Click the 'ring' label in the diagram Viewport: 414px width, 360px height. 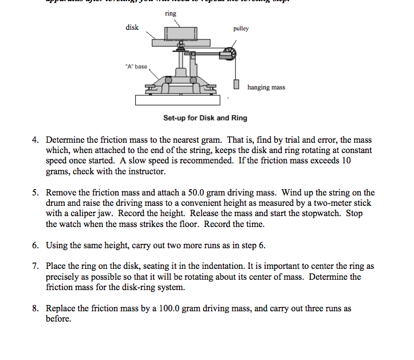[x=170, y=13]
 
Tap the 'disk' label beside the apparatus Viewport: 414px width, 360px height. [x=132, y=28]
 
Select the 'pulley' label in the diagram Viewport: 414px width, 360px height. [x=241, y=28]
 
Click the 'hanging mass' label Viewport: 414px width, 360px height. [x=266, y=87]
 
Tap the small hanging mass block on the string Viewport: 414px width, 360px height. [x=236, y=85]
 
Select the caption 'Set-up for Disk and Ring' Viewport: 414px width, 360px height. [x=205, y=118]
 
